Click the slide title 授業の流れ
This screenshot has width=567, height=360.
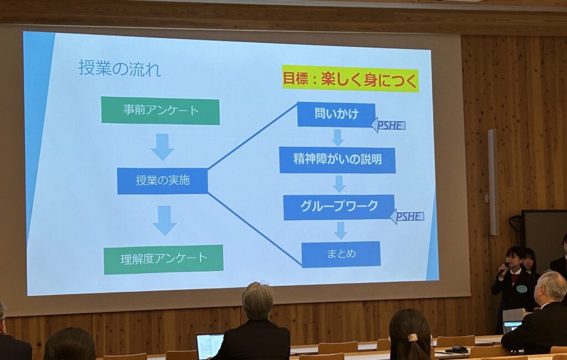point(120,68)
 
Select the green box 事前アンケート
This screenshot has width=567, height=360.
point(160,111)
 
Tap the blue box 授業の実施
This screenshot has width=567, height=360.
point(162,181)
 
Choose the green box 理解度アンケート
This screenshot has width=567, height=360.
point(163,259)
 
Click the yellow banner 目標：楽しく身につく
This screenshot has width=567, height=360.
point(350,79)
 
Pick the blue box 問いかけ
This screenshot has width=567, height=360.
point(336,114)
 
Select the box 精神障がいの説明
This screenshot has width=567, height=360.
point(337,160)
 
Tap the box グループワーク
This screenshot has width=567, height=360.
point(339,207)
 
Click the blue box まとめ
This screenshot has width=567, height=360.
point(341,254)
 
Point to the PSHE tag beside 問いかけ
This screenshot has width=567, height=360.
point(388,125)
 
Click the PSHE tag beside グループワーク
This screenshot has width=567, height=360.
point(407,217)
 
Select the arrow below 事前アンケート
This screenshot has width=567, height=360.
point(162,147)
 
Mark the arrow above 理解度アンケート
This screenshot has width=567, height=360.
point(164,220)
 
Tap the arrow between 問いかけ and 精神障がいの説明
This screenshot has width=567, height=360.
point(337,137)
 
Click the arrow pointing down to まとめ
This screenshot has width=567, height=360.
point(341,230)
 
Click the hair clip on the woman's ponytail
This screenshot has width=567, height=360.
point(412,337)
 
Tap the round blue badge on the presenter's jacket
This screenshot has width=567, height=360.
point(521,289)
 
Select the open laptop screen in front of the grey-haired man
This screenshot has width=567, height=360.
point(209,346)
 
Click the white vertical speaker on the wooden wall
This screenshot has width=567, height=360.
point(493,182)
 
